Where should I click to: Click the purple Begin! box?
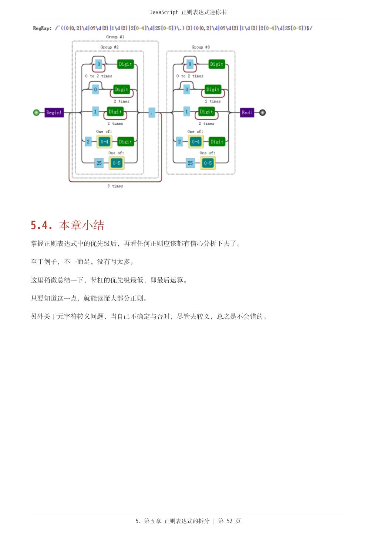click(x=54, y=113)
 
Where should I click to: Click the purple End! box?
click(x=247, y=113)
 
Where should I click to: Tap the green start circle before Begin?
click(x=36, y=113)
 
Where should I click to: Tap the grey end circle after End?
click(x=262, y=113)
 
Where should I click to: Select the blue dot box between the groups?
click(x=152, y=113)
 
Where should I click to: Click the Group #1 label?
click(x=115, y=37)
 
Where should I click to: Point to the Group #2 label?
click(x=110, y=47)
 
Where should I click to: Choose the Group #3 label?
click(x=201, y=47)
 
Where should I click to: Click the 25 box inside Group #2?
click(x=99, y=163)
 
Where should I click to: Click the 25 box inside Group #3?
click(x=190, y=163)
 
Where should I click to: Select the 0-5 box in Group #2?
click(x=117, y=163)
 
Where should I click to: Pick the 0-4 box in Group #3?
click(x=196, y=141)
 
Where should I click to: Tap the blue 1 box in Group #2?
click(x=95, y=112)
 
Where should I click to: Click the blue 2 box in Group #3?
click(x=179, y=141)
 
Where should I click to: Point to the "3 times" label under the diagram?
click(x=115, y=186)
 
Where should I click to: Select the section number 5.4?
click(x=41, y=225)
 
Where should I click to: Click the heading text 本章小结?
click(x=81, y=225)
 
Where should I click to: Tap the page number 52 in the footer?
click(x=229, y=521)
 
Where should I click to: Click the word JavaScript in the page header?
click(x=164, y=12)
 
